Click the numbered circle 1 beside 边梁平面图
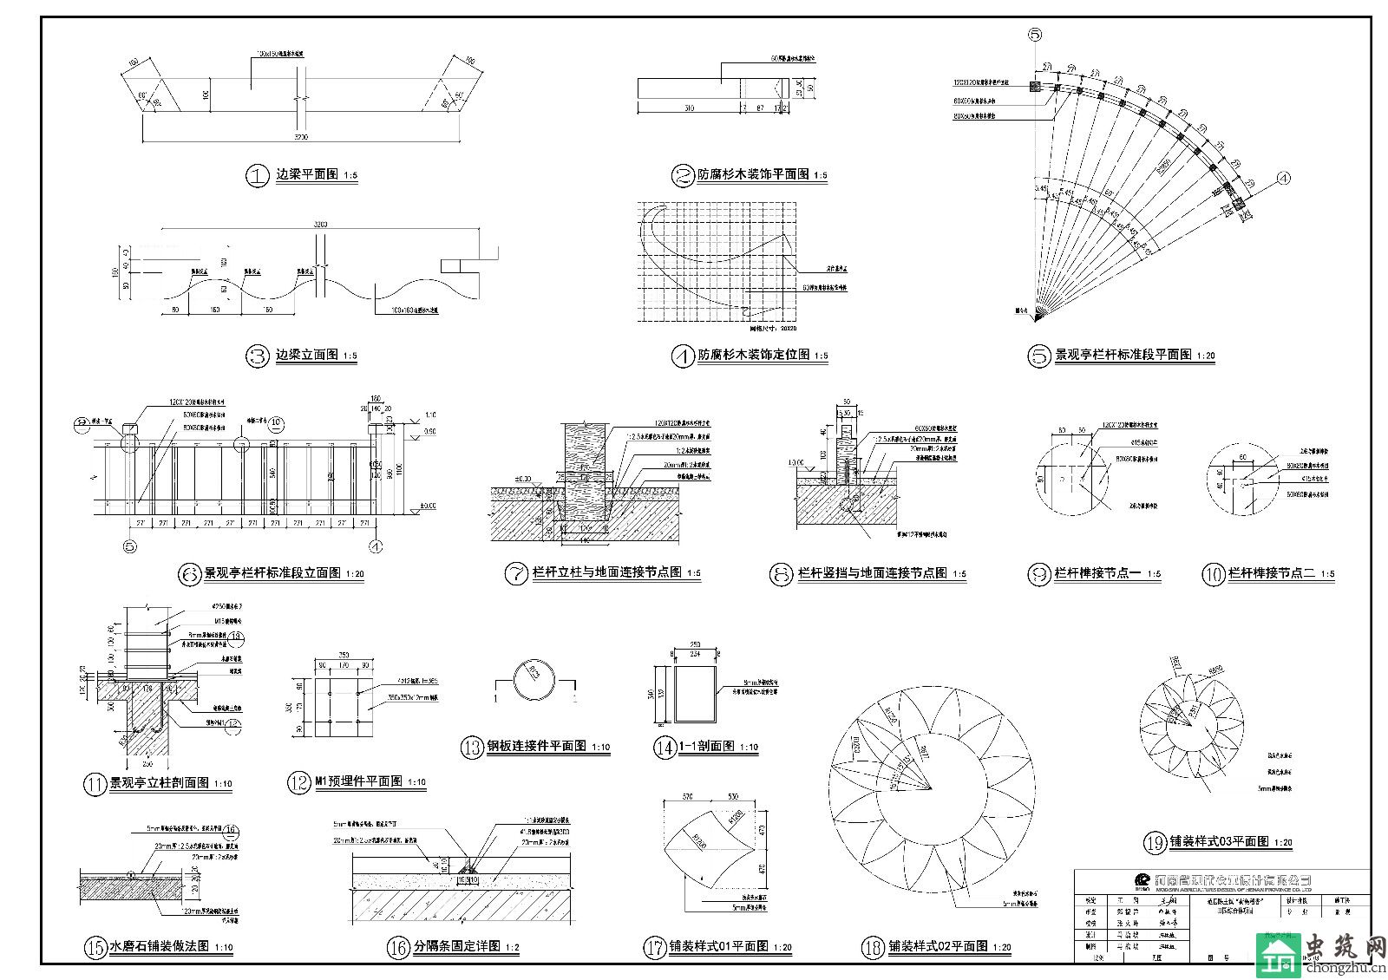pos(258,176)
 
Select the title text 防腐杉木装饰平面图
pos(753,175)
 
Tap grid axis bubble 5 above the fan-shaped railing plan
pos(1035,35)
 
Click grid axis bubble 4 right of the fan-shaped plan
pos(1284,179)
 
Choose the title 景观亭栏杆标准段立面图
pos(272,574)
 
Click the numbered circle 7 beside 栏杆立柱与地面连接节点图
pos(516,574)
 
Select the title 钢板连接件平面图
pos(536,748)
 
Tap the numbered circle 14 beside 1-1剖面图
pos(665,748)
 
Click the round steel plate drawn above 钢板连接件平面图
pos(534,682)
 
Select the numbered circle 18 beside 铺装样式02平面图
pos(873,947)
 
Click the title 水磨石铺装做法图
pos(159,947)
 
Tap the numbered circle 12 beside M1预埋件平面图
pos(298,783)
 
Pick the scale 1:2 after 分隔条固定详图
pos(512,949)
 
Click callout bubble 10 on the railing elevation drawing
pos(276,423)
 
